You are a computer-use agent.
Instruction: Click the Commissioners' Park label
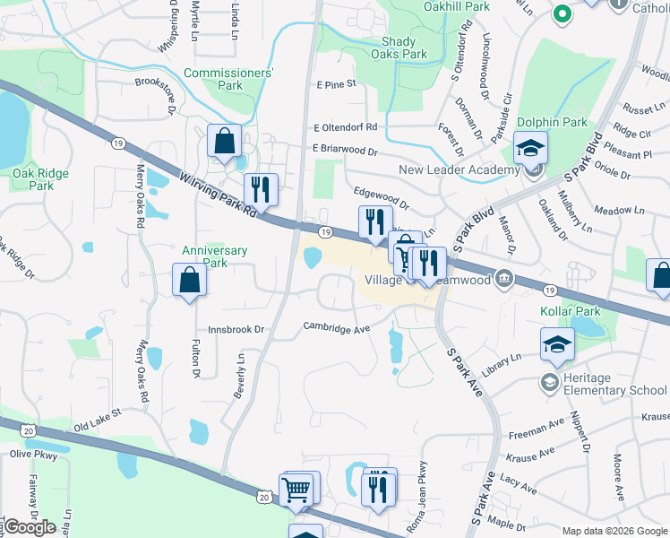[x=228, y=79]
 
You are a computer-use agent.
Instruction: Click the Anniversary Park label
[x=214, y=256]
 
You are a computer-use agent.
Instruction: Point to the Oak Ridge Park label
[x=34, y=179]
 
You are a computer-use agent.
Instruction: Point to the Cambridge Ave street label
[x=336, y=328]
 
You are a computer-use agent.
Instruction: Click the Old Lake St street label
[x=97, y=418]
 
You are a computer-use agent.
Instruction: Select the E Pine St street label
[x=337, y=84]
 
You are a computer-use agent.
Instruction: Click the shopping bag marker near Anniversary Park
[x=190, y=280]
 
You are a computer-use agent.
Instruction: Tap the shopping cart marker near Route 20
[x=296, y=490]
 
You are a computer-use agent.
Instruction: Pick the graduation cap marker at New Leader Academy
[x=531, y=146]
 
